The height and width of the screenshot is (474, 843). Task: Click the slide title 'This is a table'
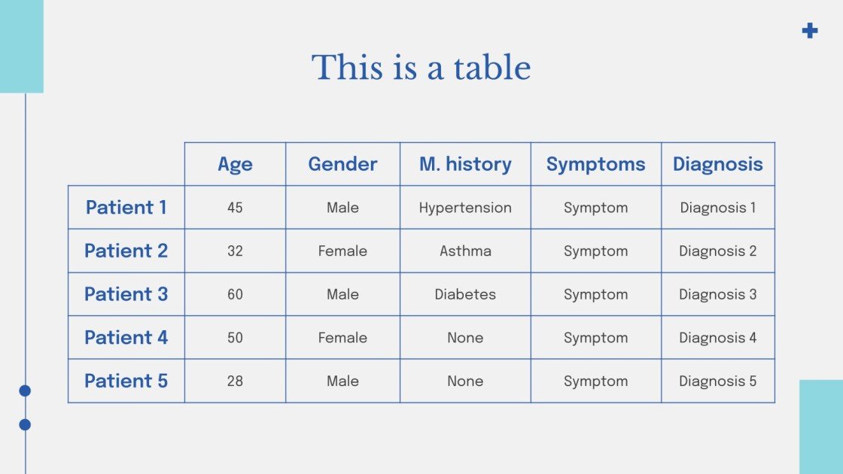click(421, 68)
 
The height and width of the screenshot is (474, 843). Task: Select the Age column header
click(235, 164)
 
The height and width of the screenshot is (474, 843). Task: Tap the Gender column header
click(342, 164)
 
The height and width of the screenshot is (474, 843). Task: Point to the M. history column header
click(465, 164)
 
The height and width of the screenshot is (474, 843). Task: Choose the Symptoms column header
click(595, 164)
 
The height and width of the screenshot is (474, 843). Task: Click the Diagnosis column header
click(717, 164)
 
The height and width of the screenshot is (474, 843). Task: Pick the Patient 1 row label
click(126, 208)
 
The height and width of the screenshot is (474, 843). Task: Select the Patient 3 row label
click(126, 294)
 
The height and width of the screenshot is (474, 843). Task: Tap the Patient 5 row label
click(126, 381)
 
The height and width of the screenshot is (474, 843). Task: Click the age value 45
click(235, 208)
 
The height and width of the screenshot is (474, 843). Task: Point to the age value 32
click(235, 251)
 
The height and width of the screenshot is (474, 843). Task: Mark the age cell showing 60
click(235, 294)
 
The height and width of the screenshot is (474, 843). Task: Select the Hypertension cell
click(465, 208)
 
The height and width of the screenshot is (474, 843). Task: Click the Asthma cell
click(465, 251)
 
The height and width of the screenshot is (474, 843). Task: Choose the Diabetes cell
click(465, 294)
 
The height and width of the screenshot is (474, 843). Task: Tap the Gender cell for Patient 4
click(342, 338)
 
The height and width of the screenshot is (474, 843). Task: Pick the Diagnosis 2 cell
click(717, 251)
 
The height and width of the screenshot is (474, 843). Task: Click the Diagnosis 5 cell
click(717, 381)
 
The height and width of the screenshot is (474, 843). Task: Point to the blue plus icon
click(810, 31)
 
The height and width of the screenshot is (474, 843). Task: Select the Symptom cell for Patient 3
click(595, 294)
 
